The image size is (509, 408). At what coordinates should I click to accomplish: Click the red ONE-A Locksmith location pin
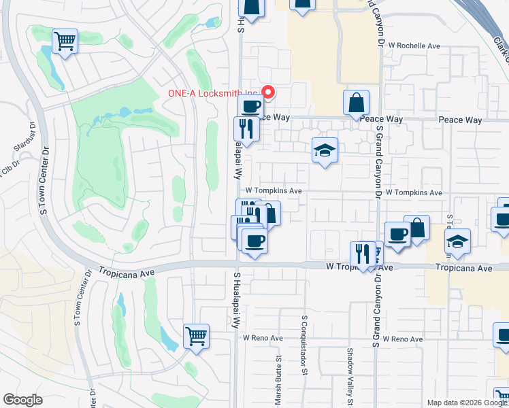[x=268, y=92]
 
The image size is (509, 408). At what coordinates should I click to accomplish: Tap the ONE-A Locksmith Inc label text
[x=212, y=94]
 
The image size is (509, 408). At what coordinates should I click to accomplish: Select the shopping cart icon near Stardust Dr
[x=65, y=41]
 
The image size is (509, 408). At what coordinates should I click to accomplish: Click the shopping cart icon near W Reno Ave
[x=196, y=335]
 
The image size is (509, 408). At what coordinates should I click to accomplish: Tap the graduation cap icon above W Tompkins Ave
[x=325, y=150]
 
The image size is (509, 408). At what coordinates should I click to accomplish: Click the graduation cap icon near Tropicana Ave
[x=457, y=241]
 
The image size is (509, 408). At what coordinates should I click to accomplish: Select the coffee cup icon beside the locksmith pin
[x=250, y=106]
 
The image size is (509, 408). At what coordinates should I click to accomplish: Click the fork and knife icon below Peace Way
[x=246, y=129]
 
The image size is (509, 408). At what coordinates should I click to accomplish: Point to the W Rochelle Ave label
[x=415, y=46]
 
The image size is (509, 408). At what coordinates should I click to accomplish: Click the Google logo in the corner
[x=23, y=400]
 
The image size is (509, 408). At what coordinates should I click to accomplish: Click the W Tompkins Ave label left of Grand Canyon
[x=274, y=191]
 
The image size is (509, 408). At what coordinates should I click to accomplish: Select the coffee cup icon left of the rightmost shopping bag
[x=398, y=235]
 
